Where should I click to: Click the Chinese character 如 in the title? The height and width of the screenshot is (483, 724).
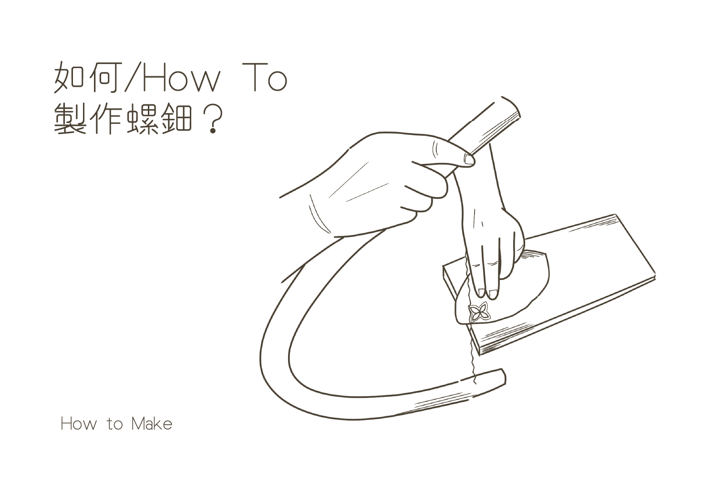click(x=70, y=77)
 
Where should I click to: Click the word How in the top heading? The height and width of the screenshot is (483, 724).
click(x=181, y=78)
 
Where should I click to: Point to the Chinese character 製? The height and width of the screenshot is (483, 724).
click(x=70, y=118)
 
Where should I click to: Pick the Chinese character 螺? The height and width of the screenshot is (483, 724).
click(x=143, y=118)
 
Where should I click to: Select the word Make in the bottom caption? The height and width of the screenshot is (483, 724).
click(x=152, y=424)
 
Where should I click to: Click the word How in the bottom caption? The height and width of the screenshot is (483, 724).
click(x=79, y=424)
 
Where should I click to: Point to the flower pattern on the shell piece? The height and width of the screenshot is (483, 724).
click(x=479, y=312)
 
